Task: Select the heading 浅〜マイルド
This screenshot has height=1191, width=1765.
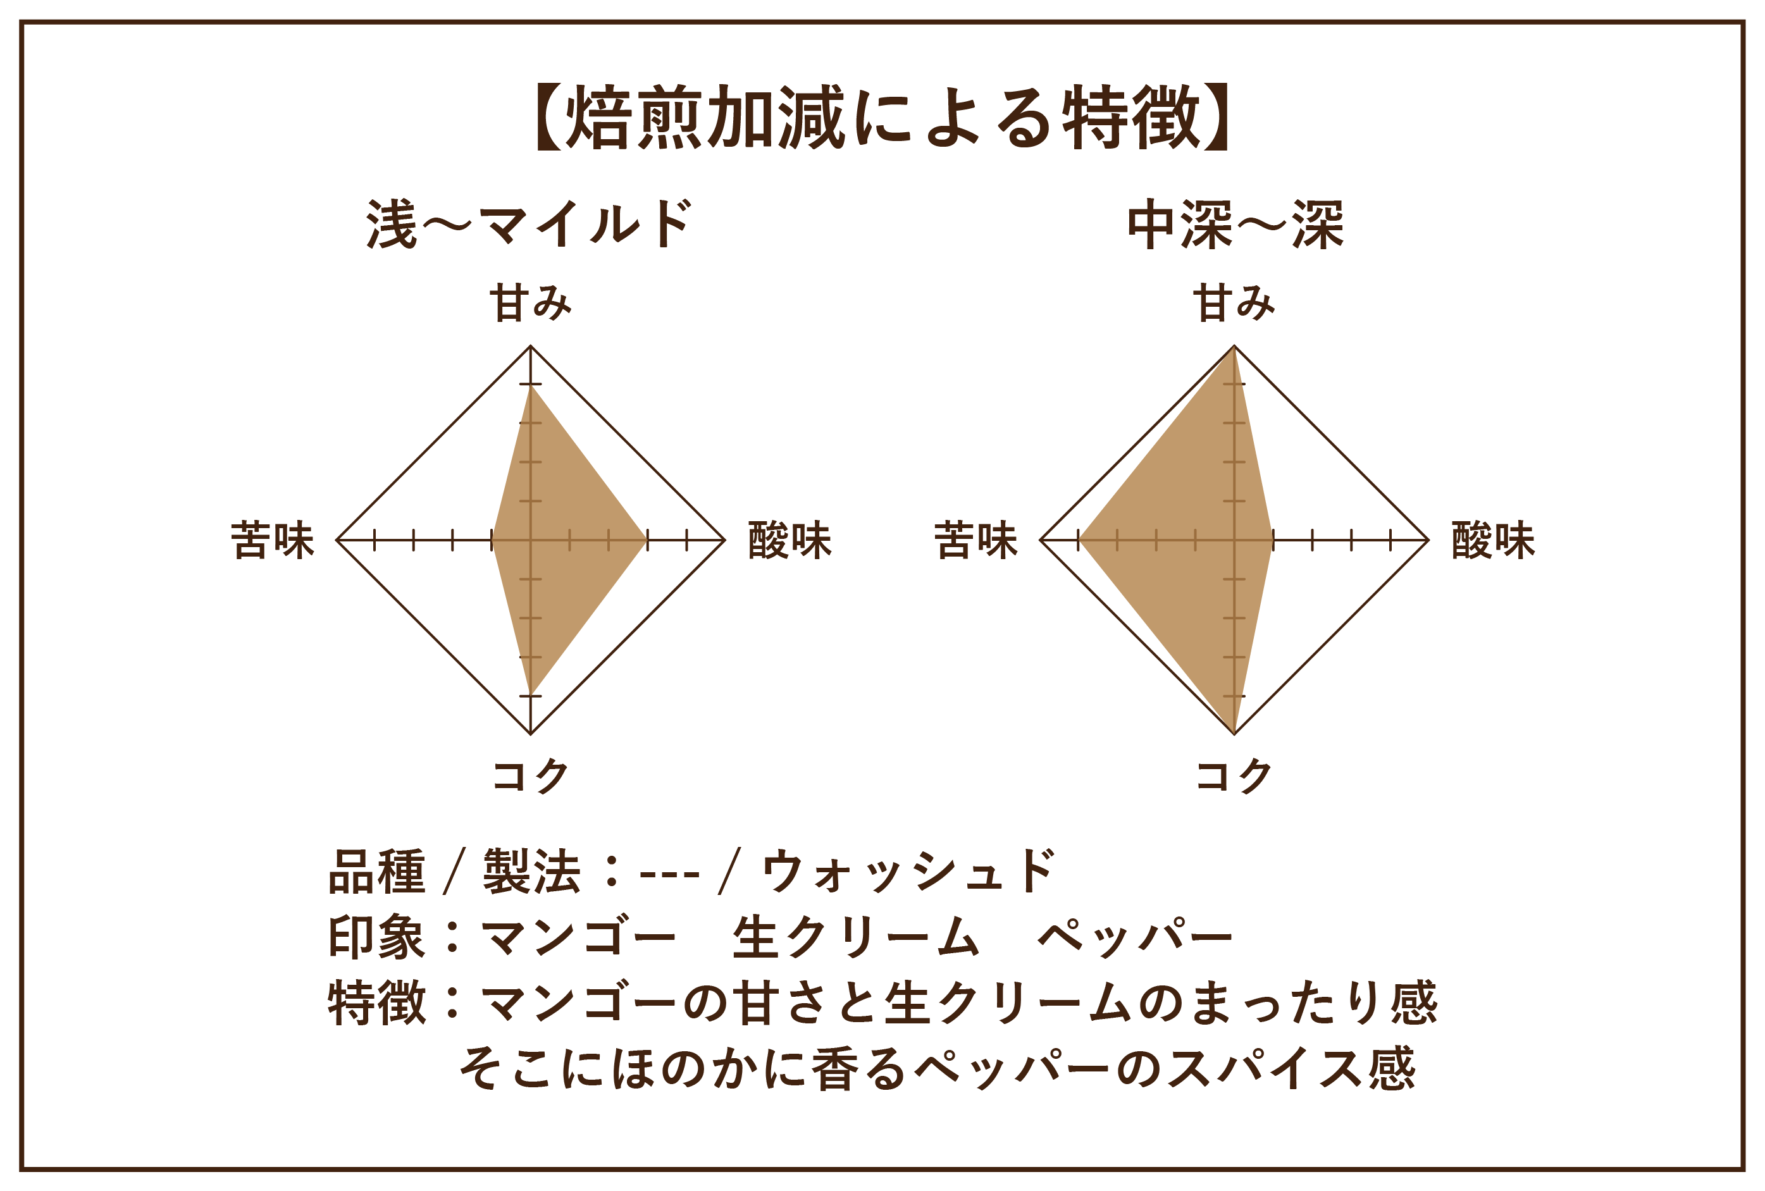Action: point(529,224)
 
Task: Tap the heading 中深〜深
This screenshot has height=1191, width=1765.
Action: point(1235,224)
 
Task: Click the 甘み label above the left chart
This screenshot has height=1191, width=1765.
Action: point(530,302)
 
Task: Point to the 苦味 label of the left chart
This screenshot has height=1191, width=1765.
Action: point(273,541)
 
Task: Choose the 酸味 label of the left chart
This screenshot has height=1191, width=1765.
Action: point(790,541)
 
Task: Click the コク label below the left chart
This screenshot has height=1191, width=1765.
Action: point(530,775)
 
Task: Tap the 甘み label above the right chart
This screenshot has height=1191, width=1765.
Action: point(1234,302)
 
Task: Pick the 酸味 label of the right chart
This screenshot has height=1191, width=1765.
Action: point(1493,541)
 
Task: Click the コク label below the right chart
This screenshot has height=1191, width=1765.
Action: point(1234,775)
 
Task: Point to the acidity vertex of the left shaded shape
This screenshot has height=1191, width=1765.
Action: point(647,540)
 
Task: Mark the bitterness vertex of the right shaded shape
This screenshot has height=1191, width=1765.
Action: point(1079,540)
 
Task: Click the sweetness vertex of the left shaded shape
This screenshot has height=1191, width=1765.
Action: point(531,385)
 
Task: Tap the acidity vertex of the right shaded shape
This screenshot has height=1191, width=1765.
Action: point(1273,540)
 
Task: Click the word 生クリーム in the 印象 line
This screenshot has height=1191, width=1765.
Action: point(856,937)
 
